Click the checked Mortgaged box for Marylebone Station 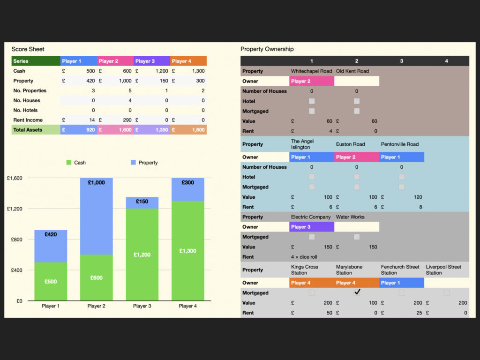point(357,292)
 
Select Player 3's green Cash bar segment point(142,254)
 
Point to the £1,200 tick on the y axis point(15,209)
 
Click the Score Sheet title point(28,49)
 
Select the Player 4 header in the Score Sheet point(188,61)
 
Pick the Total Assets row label point(28,130)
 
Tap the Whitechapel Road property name point(311,71)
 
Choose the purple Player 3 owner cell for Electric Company point(311,227)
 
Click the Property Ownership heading point(267,49)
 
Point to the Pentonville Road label point(400,144)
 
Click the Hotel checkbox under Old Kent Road point(357,101)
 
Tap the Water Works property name point(351,217)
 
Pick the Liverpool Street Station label point(443,270)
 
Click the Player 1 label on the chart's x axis point(51,306)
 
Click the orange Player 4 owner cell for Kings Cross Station point(311,283)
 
